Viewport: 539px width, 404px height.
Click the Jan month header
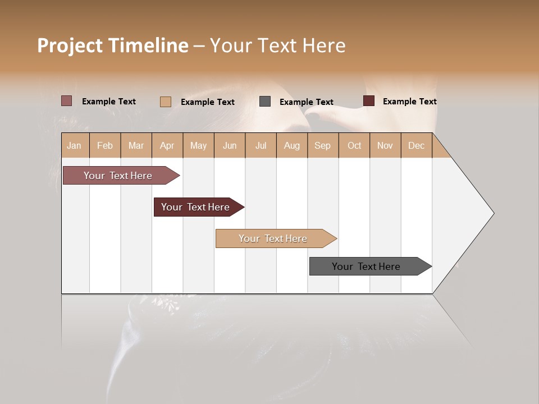(74, 145)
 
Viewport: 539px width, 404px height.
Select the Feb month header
(105, 145)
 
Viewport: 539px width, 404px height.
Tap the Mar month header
(136, 145)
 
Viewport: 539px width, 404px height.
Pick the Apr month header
(167, 145)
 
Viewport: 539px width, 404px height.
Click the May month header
(198, 145)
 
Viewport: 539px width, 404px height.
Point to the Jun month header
(230, 145)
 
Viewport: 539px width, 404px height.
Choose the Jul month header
(261, 145)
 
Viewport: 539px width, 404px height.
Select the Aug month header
(292, 145)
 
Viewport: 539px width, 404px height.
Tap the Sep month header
(323, 145)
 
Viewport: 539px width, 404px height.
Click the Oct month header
(354, 145)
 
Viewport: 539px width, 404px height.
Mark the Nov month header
(385, 145)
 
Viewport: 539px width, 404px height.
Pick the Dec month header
(417, 145)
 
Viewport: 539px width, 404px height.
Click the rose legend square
(67, 101)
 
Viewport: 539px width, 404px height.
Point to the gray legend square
(265, 102)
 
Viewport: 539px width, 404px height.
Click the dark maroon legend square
(369, 101)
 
